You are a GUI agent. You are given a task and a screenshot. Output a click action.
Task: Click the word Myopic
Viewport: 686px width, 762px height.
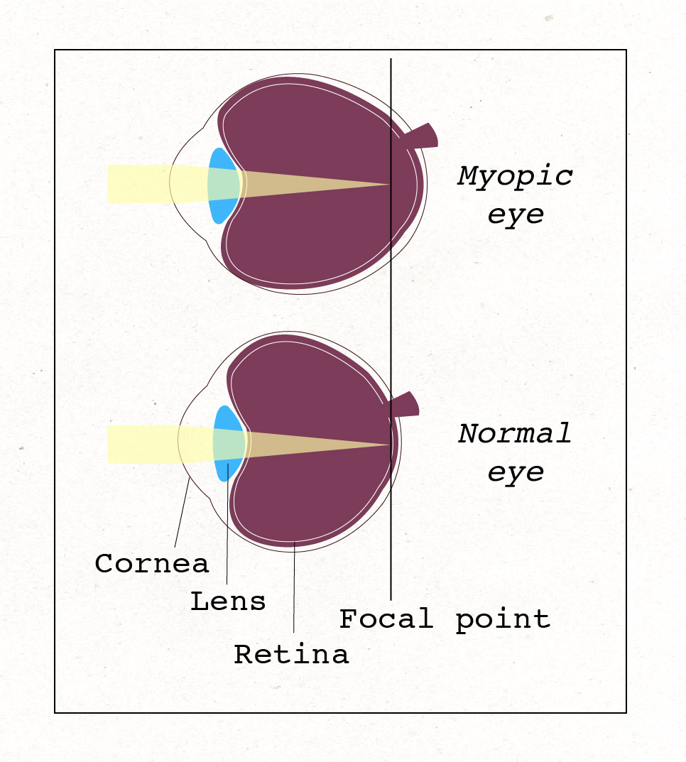click(x=515, y=175)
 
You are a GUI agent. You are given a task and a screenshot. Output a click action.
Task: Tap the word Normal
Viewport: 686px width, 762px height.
click(x=515, y=433)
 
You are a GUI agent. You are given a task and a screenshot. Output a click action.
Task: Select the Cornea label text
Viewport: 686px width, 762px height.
click(x=152, y=564)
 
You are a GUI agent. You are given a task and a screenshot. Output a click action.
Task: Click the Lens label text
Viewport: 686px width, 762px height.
click(x=228, y=602)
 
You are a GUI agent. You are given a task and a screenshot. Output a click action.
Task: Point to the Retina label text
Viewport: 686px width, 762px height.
click(x=291, y=654)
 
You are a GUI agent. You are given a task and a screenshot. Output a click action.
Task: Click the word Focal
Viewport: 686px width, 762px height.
click(x=386, y=619)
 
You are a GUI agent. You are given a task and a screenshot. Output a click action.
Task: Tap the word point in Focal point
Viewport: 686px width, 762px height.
click(x=503, y=619)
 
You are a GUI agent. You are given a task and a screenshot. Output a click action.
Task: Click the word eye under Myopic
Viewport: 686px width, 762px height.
click(x=516, y=214)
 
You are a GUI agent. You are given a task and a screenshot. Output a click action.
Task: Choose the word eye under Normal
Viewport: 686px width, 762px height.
click(x=516, y=472)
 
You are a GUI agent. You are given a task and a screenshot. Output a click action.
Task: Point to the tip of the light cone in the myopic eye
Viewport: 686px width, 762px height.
click(x=389, y=185)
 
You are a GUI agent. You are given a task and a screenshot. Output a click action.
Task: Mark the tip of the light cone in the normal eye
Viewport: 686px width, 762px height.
click(x=390, y=445)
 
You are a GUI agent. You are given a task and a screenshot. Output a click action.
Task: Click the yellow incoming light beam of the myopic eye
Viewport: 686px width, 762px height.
click(x=138, y=184)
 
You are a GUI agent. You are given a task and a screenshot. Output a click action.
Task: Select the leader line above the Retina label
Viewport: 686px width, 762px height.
click(x=294, y=589)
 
